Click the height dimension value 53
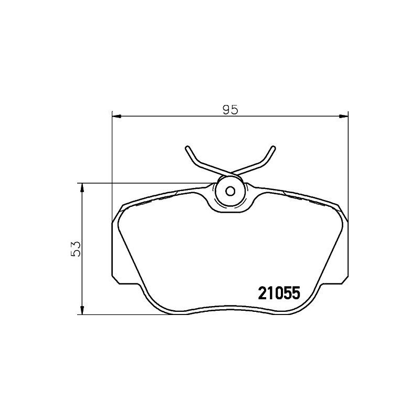click(x=77, y=249)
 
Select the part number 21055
click(x=278, y=293)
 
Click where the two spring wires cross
click(x=230, y=174)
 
